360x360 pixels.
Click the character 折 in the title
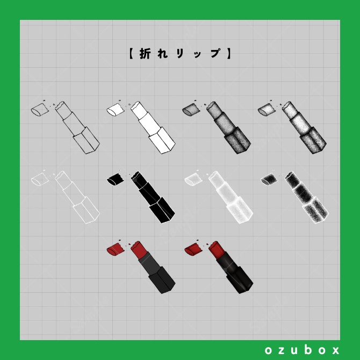145,54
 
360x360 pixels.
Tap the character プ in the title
215,54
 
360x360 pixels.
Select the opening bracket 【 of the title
131,54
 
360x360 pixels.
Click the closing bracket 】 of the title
229,54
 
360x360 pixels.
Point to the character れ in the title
162,54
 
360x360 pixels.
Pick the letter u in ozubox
296,350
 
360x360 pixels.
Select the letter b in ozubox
309,350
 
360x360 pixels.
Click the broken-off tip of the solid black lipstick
115,179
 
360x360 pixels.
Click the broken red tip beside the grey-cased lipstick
114,249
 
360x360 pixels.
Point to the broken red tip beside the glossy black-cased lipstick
192,249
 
